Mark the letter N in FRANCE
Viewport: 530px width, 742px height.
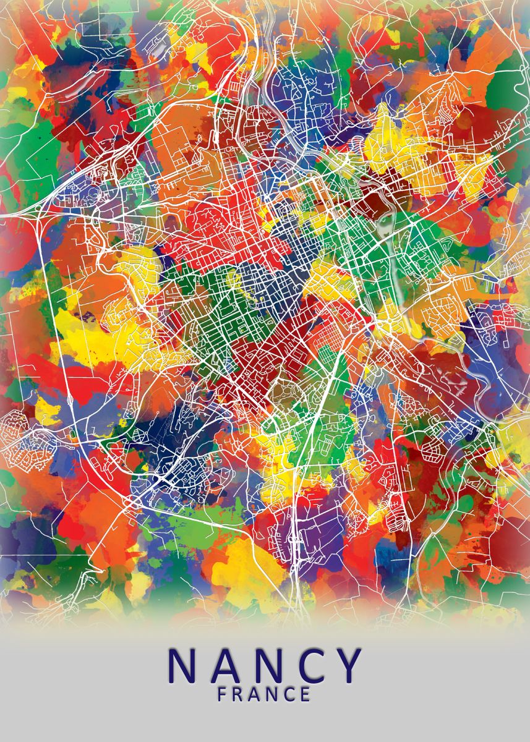pyautogui.click(x=272, y=694)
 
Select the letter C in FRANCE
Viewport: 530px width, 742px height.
pyautogui.click(x=289, y=694)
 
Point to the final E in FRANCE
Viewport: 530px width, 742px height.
pyautogui.click(x=305, y=694)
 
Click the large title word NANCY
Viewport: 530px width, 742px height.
pyautogui.click(x=265, y=665)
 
